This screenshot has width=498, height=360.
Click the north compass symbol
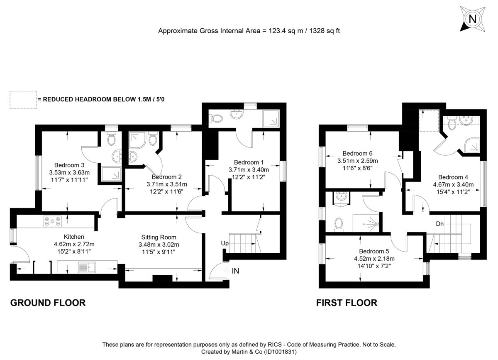[472, 19]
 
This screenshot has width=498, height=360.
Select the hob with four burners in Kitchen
[52, 222]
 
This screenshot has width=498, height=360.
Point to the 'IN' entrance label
[235, 271]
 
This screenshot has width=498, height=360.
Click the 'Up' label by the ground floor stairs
[225, 243]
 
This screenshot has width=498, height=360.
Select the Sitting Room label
[159, 237]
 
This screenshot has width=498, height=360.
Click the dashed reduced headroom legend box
[23, 100]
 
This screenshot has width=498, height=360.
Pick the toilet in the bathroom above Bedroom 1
[216, 118]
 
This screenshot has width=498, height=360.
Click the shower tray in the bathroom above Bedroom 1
[271, 118]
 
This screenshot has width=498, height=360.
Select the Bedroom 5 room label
[373, 251]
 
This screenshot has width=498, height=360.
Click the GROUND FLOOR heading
[48, 303]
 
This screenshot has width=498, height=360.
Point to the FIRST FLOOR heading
[347, 303]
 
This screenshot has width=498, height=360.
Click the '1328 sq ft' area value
[325, 31]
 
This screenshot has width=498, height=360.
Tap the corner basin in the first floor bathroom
[341, 196]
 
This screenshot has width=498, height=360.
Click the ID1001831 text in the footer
[278, 352]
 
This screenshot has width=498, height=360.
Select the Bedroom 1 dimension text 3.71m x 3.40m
[249, 169]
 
